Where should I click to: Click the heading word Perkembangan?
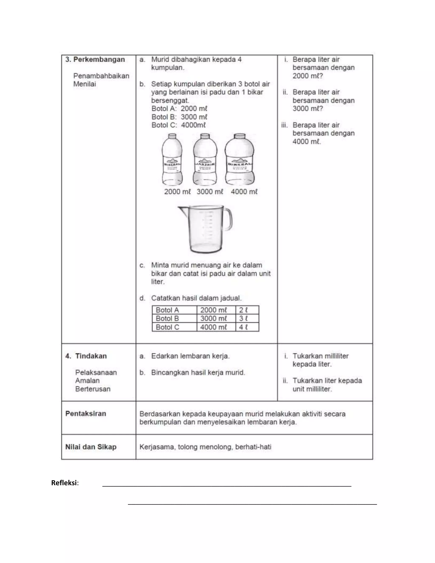[x=99, y=59]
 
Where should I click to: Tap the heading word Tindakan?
[x=91, y=356]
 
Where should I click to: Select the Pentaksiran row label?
[x=86, y=413]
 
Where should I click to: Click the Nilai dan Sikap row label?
[x=91, y=447]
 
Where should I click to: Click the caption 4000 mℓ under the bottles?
[x=244, y=192]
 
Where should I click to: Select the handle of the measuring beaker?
[x=228, y=219]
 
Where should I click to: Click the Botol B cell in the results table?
[x=167, y=318]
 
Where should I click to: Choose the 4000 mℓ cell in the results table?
[x=214, y=327]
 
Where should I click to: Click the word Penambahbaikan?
[x=101, y=76]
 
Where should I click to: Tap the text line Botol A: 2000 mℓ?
[x=179, y=109]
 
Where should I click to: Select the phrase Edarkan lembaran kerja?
[x=190, y=356]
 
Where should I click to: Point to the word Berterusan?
[x=93, y=389]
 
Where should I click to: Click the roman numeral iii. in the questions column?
[x=284, y=125]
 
